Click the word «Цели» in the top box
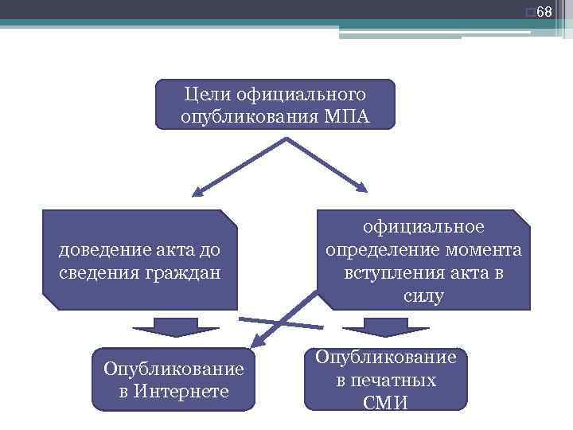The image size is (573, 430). click(x=203, y=95)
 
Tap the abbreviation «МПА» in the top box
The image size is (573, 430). click(x=348, y=117)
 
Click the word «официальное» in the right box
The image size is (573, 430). click(x=423, y=228)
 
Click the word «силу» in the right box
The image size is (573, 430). click(x=423, y=295)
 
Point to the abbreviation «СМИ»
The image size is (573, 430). click(x=385, y=403)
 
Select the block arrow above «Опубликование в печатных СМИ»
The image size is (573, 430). click(x=385, y=327)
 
